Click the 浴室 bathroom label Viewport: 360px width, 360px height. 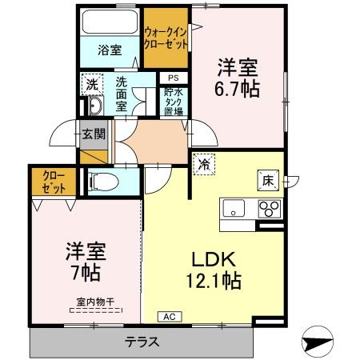point(110,50)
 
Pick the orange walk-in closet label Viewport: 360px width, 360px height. point(166,37)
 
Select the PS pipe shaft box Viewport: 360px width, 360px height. point(173,78)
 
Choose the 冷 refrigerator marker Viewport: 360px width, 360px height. point(205,164)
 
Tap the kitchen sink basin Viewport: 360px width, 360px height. point(234,210)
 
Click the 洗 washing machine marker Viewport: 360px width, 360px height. point(92,83)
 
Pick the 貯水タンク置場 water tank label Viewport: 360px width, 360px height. point(174,102)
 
